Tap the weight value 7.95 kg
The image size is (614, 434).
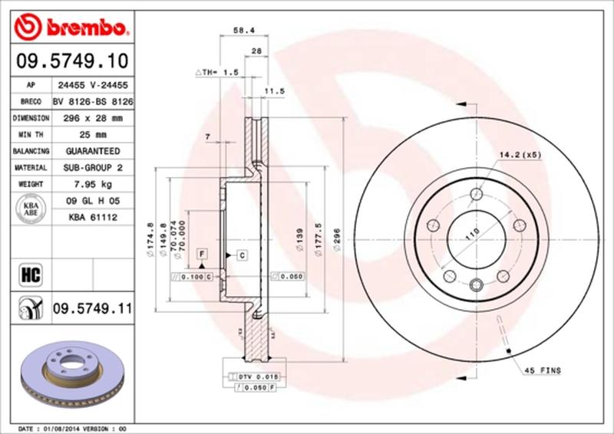92,184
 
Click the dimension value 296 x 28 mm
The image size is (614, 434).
92,119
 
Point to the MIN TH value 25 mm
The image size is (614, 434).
92,135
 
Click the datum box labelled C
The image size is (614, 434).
241,255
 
